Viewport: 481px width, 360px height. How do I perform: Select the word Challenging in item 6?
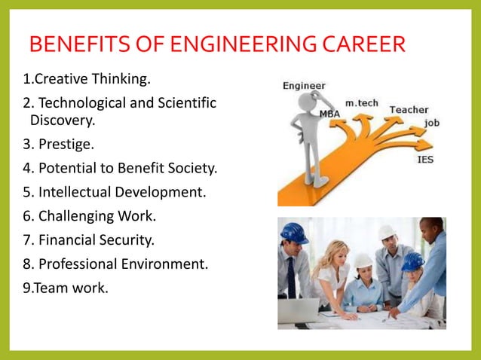76,216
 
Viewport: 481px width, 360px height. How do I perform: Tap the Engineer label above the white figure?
304,86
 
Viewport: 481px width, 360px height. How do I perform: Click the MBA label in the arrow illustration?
329,113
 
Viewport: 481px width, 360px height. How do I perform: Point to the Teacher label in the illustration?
409,110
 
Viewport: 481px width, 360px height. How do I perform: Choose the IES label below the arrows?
425,159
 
